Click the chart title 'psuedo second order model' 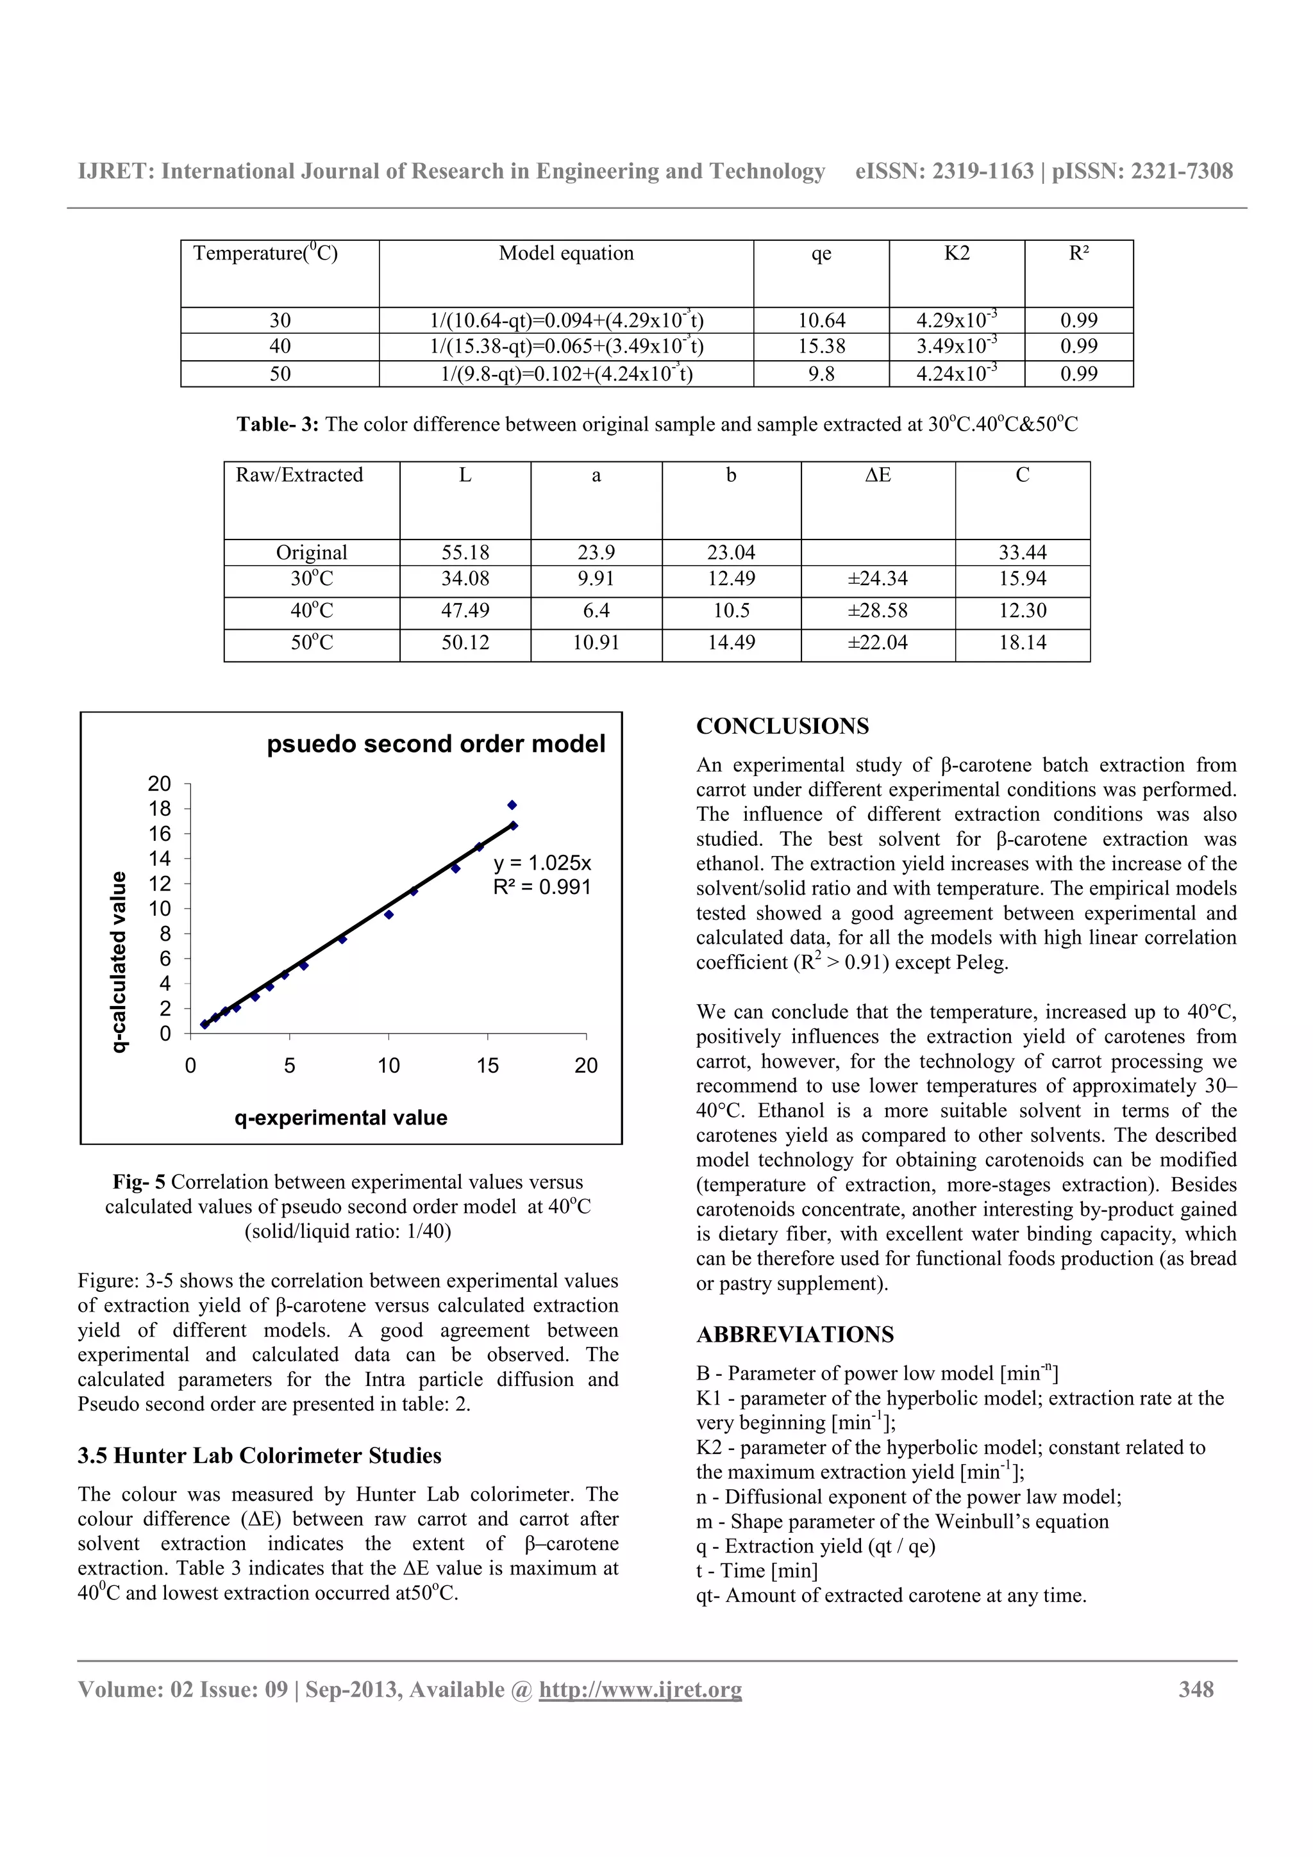tap(435, 744)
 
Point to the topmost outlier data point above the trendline tap(512, 805)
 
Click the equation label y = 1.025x tap(542, 862)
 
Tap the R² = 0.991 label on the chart tap(542, 887)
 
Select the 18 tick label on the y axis tap(160, 809)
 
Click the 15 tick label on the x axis tap(487, 1066)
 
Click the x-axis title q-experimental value tap(340, 1118)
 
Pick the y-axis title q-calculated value tap(119, 962)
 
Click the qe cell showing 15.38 tap(821, 347)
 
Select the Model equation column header tap(565, 254)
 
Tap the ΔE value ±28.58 tap(878, 611)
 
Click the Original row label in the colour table tap(312, 552)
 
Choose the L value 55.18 tap(465, 552)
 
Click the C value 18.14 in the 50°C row tap(1022, 643)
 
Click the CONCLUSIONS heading tap(782, 726)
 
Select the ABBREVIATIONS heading tap(794, 1335)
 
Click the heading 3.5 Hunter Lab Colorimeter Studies tap(259, 1456)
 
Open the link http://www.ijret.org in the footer tap(640, 1690)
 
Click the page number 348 tap(1196, 1690)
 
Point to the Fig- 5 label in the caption tap(139, 1182)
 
